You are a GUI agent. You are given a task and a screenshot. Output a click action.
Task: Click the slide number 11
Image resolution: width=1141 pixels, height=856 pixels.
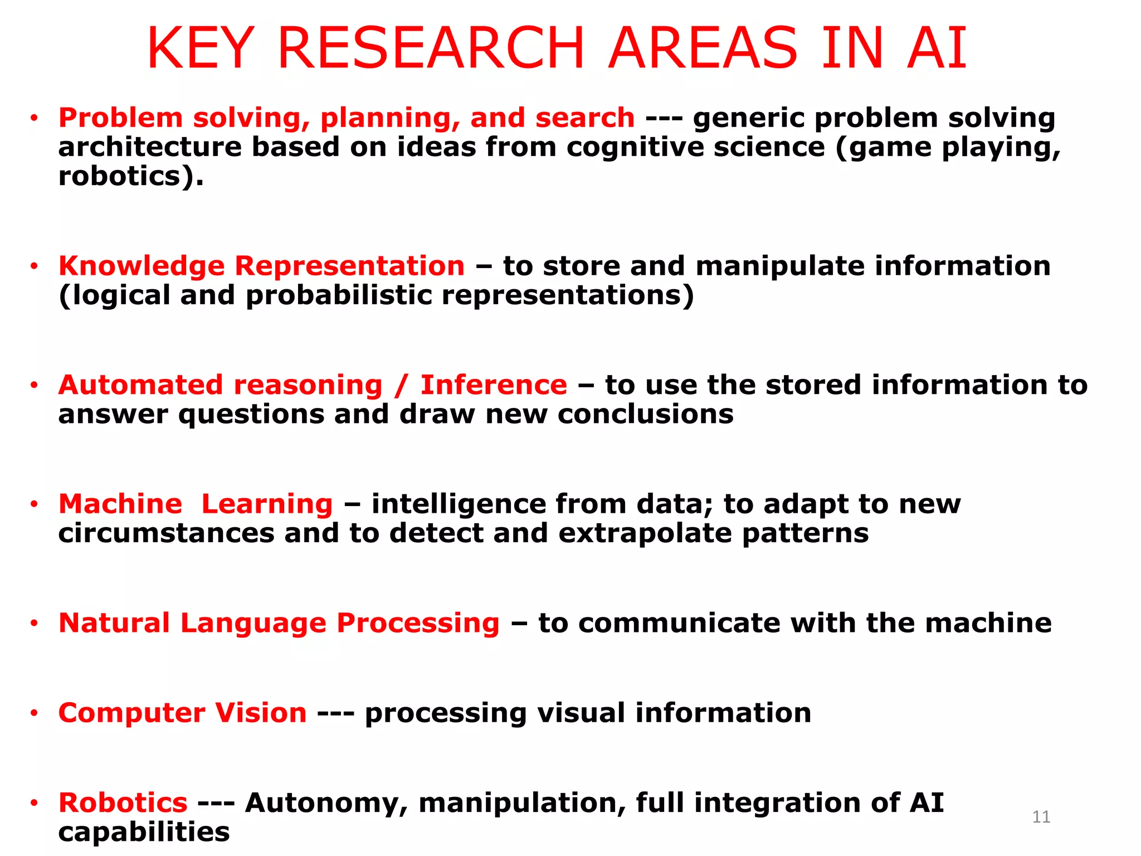(x=1041, y=817)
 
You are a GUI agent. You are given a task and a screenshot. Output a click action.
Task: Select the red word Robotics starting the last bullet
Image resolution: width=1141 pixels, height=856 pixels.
(x=123, y=802)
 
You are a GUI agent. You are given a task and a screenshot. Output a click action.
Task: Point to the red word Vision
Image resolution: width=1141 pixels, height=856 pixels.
(x=261, y=713)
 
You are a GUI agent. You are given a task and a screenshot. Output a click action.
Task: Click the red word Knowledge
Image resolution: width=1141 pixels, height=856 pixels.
(x=142, y=266)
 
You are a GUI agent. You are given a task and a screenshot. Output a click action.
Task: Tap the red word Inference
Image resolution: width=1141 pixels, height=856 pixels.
(x=494, y=385)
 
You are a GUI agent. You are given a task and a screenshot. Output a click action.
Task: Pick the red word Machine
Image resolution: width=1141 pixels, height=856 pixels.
(x=120, y=504)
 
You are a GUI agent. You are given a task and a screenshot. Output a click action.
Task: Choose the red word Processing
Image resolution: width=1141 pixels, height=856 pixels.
(x=418, y=623)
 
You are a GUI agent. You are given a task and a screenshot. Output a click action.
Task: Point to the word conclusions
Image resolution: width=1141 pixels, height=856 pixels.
(x=646, y=415)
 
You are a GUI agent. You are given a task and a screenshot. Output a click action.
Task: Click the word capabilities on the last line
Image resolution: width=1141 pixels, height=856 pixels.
(x=144, y=832)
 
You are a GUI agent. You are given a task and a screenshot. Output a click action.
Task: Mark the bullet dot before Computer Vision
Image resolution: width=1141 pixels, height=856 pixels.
(x=35, y=713)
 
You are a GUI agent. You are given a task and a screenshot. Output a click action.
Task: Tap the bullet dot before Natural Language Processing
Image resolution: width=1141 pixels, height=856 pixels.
(x=35, y=623)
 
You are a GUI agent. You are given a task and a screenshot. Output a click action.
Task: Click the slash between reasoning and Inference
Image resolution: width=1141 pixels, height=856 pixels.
(x=401, y=386)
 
